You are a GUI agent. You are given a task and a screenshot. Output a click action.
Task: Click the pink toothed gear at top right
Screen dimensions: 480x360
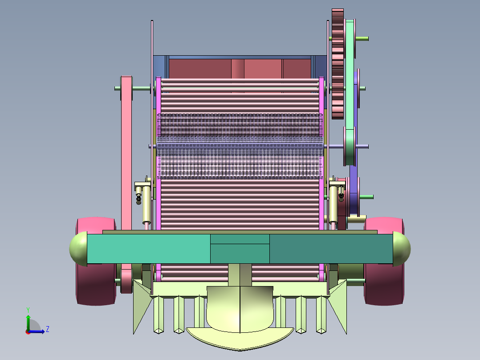click(x=338, y=64)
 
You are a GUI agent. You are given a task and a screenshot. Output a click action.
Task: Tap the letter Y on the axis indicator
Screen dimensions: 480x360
click(x=28, y=310)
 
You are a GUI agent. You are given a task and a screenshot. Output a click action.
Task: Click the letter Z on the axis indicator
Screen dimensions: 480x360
click(x=48, y=329)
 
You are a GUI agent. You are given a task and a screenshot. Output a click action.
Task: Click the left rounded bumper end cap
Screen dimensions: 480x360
click(x=79, y=249)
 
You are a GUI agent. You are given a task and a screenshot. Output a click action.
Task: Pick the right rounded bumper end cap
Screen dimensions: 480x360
click(x=401, y=249)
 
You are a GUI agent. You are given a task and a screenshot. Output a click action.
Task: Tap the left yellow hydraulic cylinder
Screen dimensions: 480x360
click(x=146, y=204)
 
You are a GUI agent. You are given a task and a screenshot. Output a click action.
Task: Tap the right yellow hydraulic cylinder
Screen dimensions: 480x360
click(x=333, y=204)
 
